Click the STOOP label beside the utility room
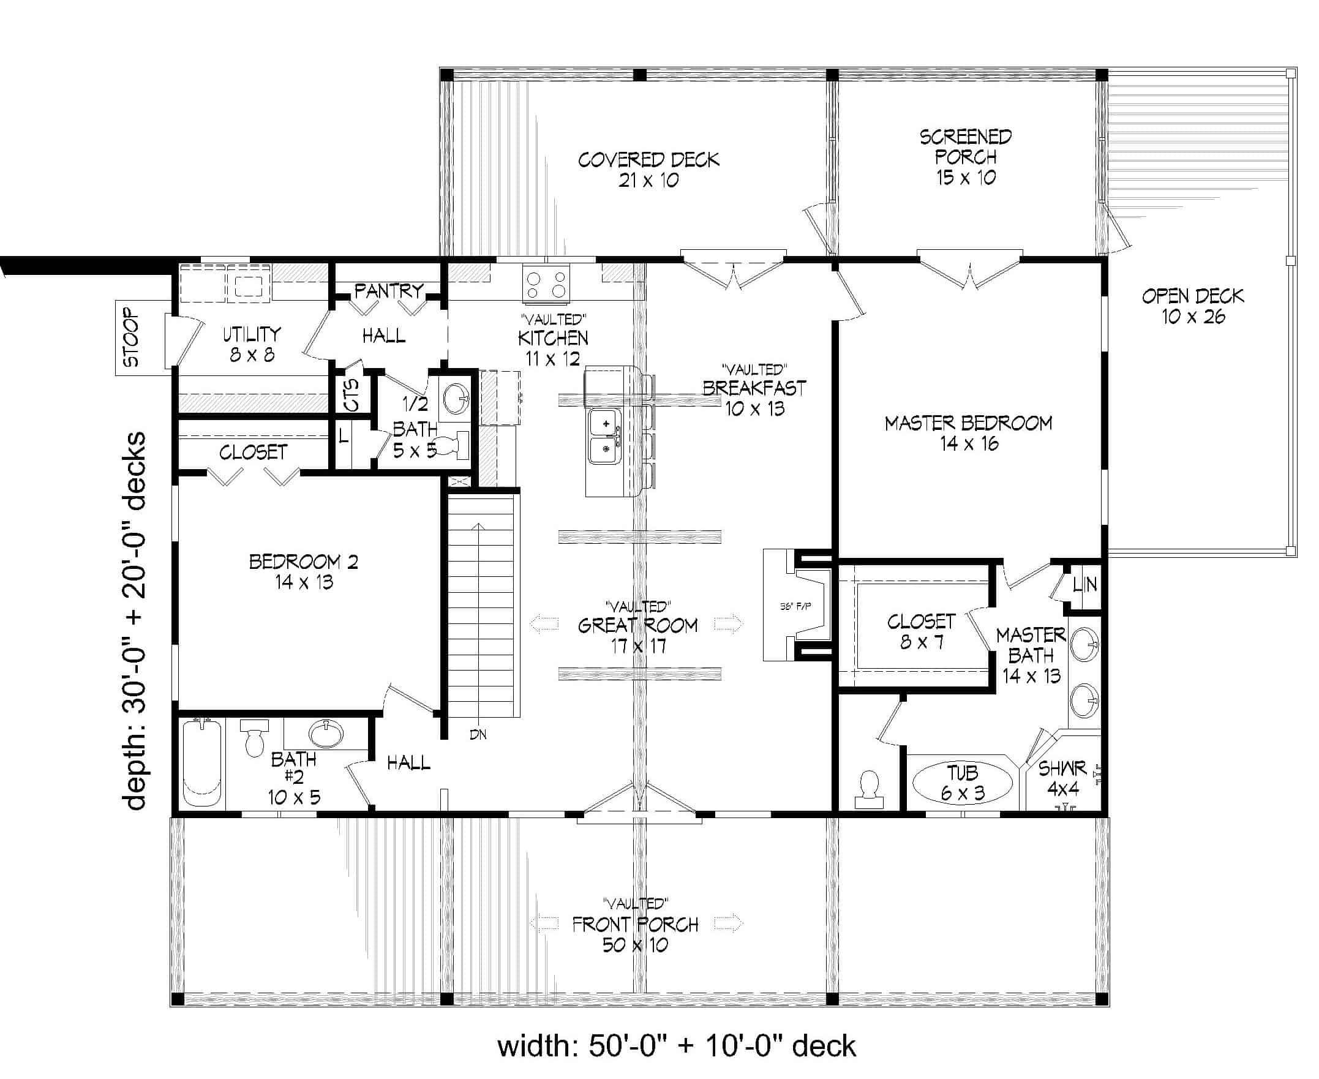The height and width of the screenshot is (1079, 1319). tap(132, 338)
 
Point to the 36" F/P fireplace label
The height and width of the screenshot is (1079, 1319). tap(795, 606)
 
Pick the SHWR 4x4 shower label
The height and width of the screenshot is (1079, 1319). tap(1062, 778)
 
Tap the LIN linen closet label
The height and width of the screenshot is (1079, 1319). tap(1084, 584)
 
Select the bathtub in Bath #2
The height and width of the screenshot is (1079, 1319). tap(203, 764)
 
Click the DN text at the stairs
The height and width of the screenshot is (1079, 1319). tap(478, 735)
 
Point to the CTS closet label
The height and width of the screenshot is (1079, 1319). tap(352, 395)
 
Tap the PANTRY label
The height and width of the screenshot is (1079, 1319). tap(388, 290)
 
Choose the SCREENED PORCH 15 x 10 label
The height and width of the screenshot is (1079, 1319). tap(965, 157)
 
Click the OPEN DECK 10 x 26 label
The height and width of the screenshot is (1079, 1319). tap(1192, 306)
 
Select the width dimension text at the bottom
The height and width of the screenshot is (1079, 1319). tap(676, 1046)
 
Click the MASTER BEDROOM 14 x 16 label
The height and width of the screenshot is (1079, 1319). tap(968, 432)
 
